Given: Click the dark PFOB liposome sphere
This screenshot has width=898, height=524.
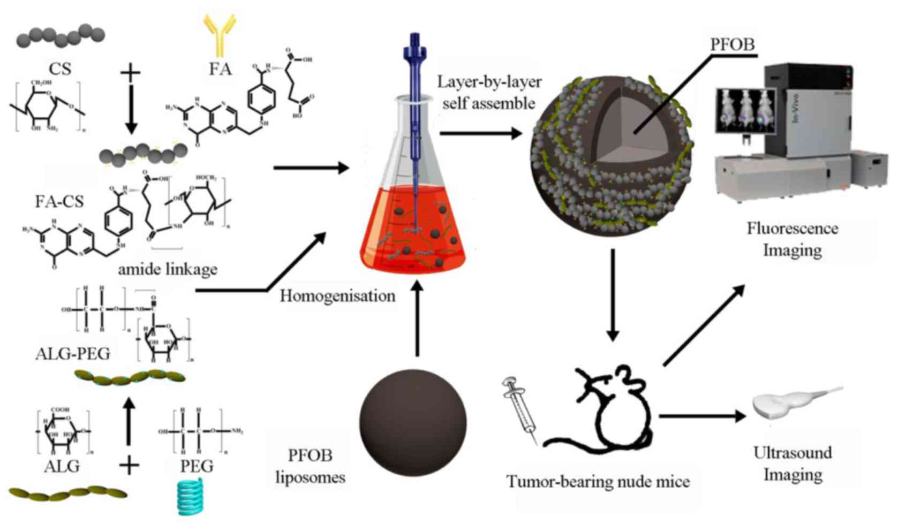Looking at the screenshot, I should (413, 422).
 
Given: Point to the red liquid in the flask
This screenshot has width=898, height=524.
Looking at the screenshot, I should (413, 225).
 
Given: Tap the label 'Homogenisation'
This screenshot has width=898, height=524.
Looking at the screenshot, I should (337, 296).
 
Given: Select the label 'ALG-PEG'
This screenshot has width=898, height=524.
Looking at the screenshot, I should (73, 353).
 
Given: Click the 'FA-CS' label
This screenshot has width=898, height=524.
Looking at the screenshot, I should (59, 201).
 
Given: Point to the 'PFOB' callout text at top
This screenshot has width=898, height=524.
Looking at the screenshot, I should (733, 44).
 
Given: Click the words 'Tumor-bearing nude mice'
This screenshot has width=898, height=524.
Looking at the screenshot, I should (598, 482).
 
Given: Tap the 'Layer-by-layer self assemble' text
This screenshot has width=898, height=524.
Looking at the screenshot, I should (489, 92).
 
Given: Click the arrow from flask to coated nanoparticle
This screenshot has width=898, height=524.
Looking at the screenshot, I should (480, 133).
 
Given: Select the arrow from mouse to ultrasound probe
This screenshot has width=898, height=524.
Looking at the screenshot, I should (701, 416).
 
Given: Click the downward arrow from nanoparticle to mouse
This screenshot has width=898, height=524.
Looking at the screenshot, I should (613, 294).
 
